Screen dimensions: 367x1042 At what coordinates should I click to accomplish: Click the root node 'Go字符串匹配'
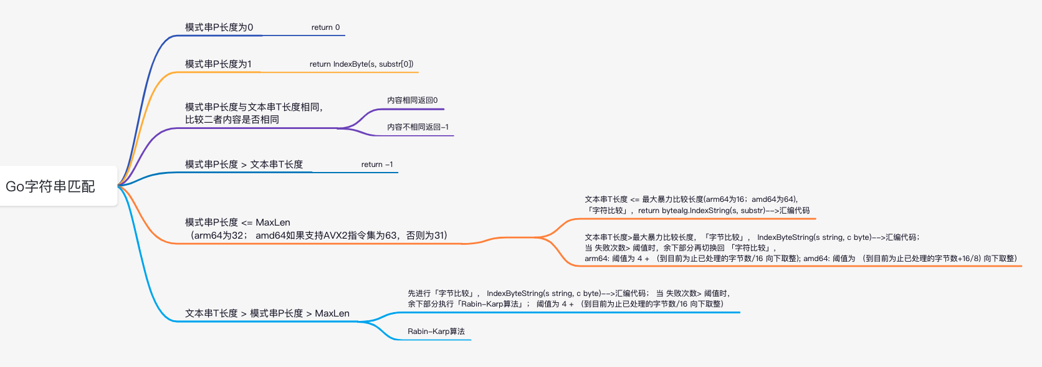tap(50, 186)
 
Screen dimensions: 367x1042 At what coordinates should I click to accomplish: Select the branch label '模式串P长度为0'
tap(219, 27)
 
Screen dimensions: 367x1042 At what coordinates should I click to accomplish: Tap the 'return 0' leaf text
tap(325, 27)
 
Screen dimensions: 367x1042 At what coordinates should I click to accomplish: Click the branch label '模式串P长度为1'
tap(218, 64)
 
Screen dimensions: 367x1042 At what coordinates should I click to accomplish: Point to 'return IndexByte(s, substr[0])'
tap(361, 64)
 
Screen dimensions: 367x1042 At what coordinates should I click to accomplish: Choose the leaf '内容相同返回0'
tap(412, 100)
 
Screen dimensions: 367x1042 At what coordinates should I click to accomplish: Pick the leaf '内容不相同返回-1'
tap(418, 127)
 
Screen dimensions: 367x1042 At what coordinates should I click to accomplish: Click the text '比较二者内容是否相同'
tap(232, 120)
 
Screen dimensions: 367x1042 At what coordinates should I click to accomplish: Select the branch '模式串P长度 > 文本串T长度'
tap(244, 164)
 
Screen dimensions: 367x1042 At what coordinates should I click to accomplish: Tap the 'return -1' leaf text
tap(377, 164)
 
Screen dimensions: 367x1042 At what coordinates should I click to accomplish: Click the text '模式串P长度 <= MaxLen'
tap(237, 222)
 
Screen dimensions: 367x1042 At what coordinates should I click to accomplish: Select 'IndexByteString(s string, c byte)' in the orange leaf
tap(814, 237)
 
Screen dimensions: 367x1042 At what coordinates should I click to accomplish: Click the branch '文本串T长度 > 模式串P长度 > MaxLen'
tap(267, 313)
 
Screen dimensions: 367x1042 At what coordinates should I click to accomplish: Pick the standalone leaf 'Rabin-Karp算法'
tap(436, 331)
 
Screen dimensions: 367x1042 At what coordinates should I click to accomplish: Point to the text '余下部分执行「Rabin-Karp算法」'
tap(465, 304)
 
